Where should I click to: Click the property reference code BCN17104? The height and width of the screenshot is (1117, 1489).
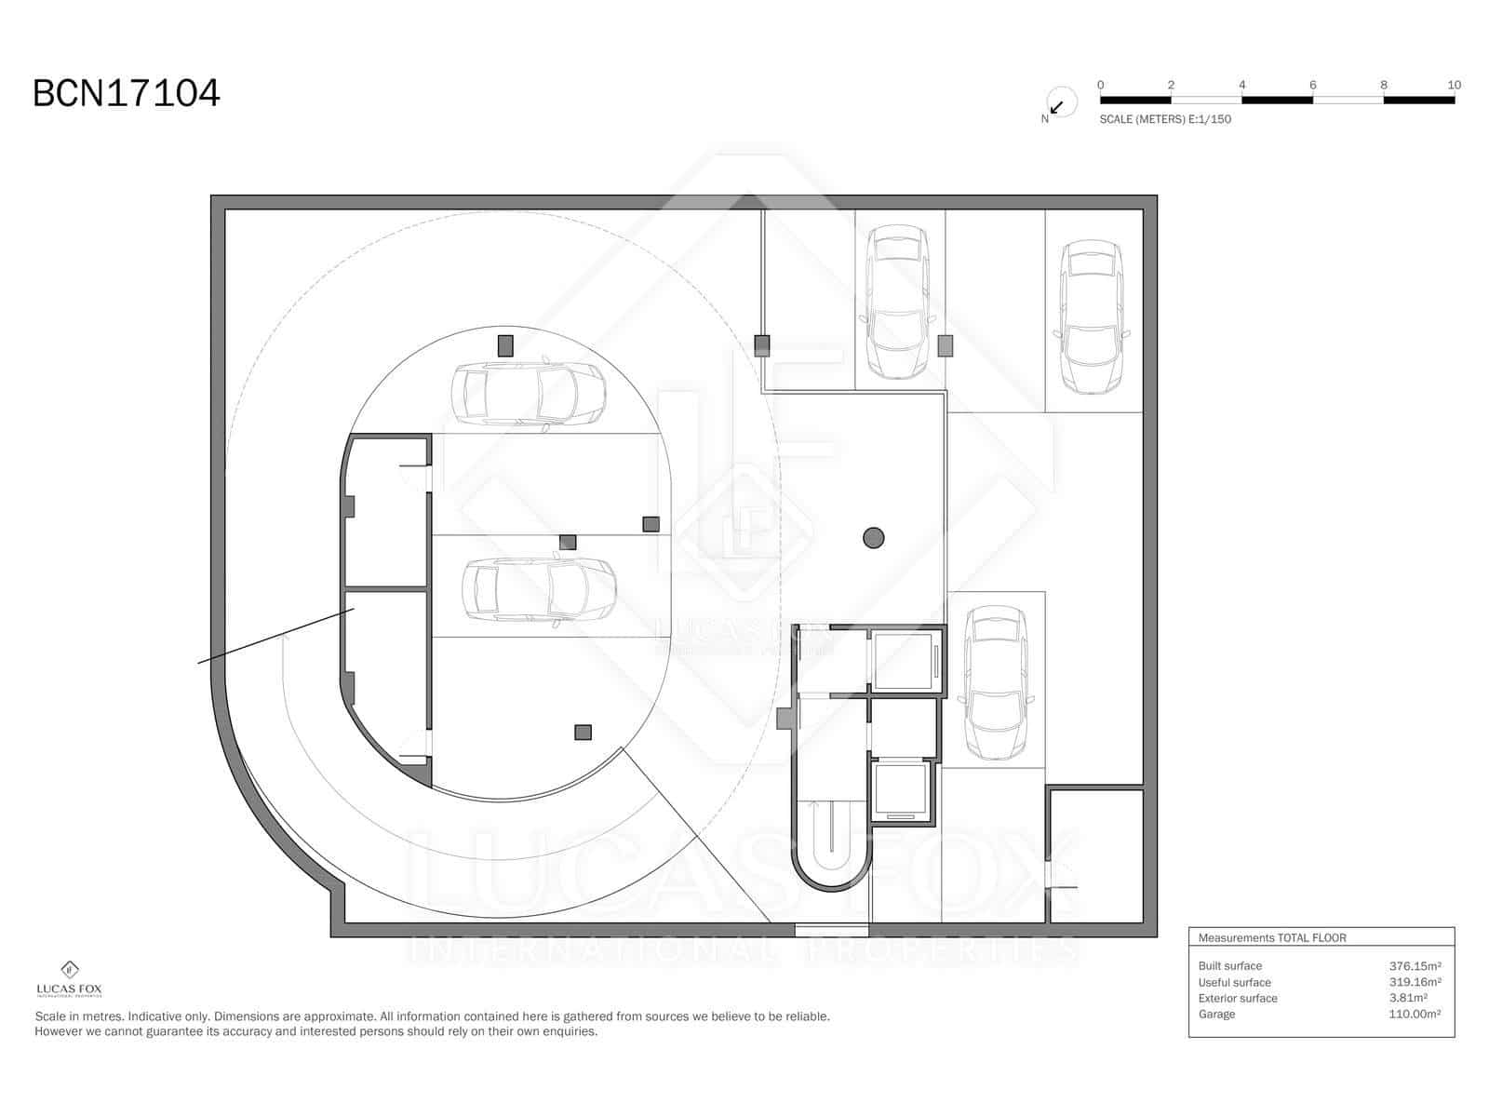tap(127, 93)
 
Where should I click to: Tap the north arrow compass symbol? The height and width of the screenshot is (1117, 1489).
tap(1059, 103)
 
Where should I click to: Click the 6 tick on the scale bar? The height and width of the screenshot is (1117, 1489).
tap(1313, 86)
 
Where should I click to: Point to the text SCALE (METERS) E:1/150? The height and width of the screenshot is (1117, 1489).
tap(1165, 119)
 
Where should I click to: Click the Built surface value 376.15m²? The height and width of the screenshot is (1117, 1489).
tap(1415, 966)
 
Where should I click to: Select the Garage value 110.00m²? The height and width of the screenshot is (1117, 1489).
tap(1415, 1014)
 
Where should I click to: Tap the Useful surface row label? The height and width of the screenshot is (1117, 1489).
tap(1234, 982)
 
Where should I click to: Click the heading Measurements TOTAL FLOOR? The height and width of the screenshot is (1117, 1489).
tap(1272, 938)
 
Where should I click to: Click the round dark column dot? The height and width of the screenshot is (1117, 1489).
tap(873, 537)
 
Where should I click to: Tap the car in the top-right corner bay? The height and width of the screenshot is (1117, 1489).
tap(1093, 316)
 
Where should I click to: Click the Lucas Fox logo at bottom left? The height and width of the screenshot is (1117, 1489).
tap(69, 977)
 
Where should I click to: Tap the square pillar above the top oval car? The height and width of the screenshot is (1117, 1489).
tap(505, 345)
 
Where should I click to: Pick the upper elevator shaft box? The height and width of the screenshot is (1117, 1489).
tap(903, 660)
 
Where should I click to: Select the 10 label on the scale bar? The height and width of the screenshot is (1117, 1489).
tap(1454, 85)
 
